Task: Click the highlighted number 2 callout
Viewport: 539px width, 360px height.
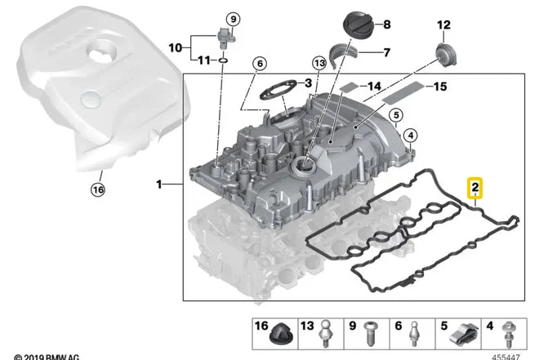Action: coord(474,190)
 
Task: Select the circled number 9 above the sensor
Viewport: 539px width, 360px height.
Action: coord(233,19)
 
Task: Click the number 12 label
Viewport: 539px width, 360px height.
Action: coord(443,24)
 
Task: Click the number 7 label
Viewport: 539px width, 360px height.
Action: coord(386,53)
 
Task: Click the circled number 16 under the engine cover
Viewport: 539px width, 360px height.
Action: coord(99,191)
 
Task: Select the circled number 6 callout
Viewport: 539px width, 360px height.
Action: coord(260,64)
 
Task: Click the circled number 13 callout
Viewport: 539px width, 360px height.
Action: coord(319,63)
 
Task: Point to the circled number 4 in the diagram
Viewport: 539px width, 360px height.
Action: coord(410,135)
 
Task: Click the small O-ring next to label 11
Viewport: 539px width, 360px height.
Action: coord(224,60)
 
